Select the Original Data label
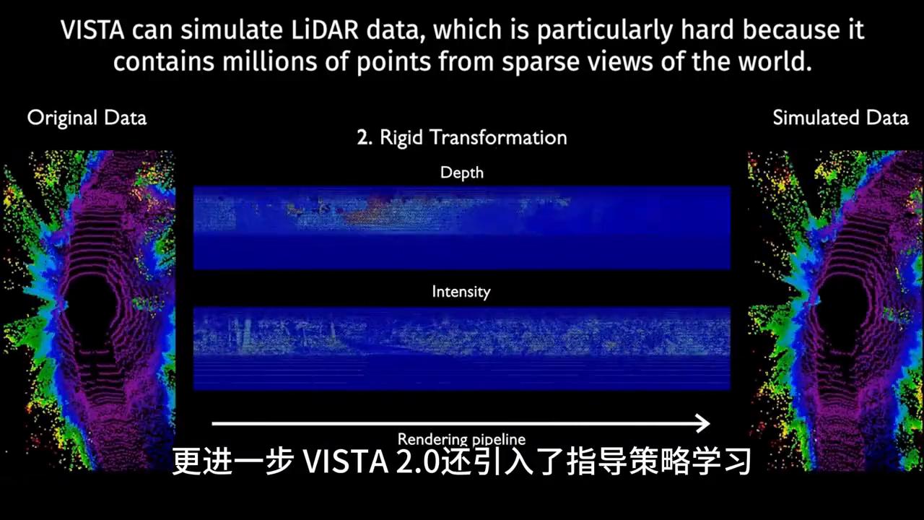pos(87,118)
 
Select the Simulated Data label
pos(840,118)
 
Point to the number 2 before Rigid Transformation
pos(362,137)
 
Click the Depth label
pos(462,173)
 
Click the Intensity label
pos(461,292)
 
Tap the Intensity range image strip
pos(462,348)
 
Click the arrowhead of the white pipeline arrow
pos(702,423)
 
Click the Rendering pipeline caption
pos(462,438)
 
